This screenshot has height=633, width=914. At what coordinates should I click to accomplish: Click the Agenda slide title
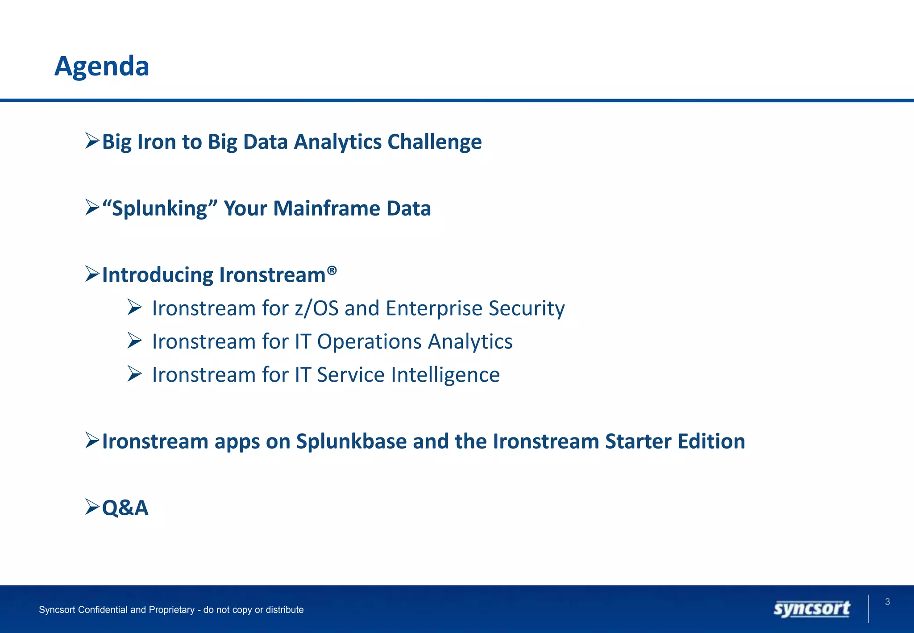102,66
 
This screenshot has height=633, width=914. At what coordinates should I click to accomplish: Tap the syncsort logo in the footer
812,608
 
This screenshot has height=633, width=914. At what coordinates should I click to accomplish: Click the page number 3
888,602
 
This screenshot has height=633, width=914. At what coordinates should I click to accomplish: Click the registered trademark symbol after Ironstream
332,270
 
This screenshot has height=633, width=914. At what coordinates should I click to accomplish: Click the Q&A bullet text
125,508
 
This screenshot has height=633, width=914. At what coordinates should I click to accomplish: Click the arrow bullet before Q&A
92,507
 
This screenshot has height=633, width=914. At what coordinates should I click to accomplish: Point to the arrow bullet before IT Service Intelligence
134,374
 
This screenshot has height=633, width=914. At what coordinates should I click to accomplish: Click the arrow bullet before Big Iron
92,141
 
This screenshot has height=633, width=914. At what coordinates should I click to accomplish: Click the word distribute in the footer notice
283,610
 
